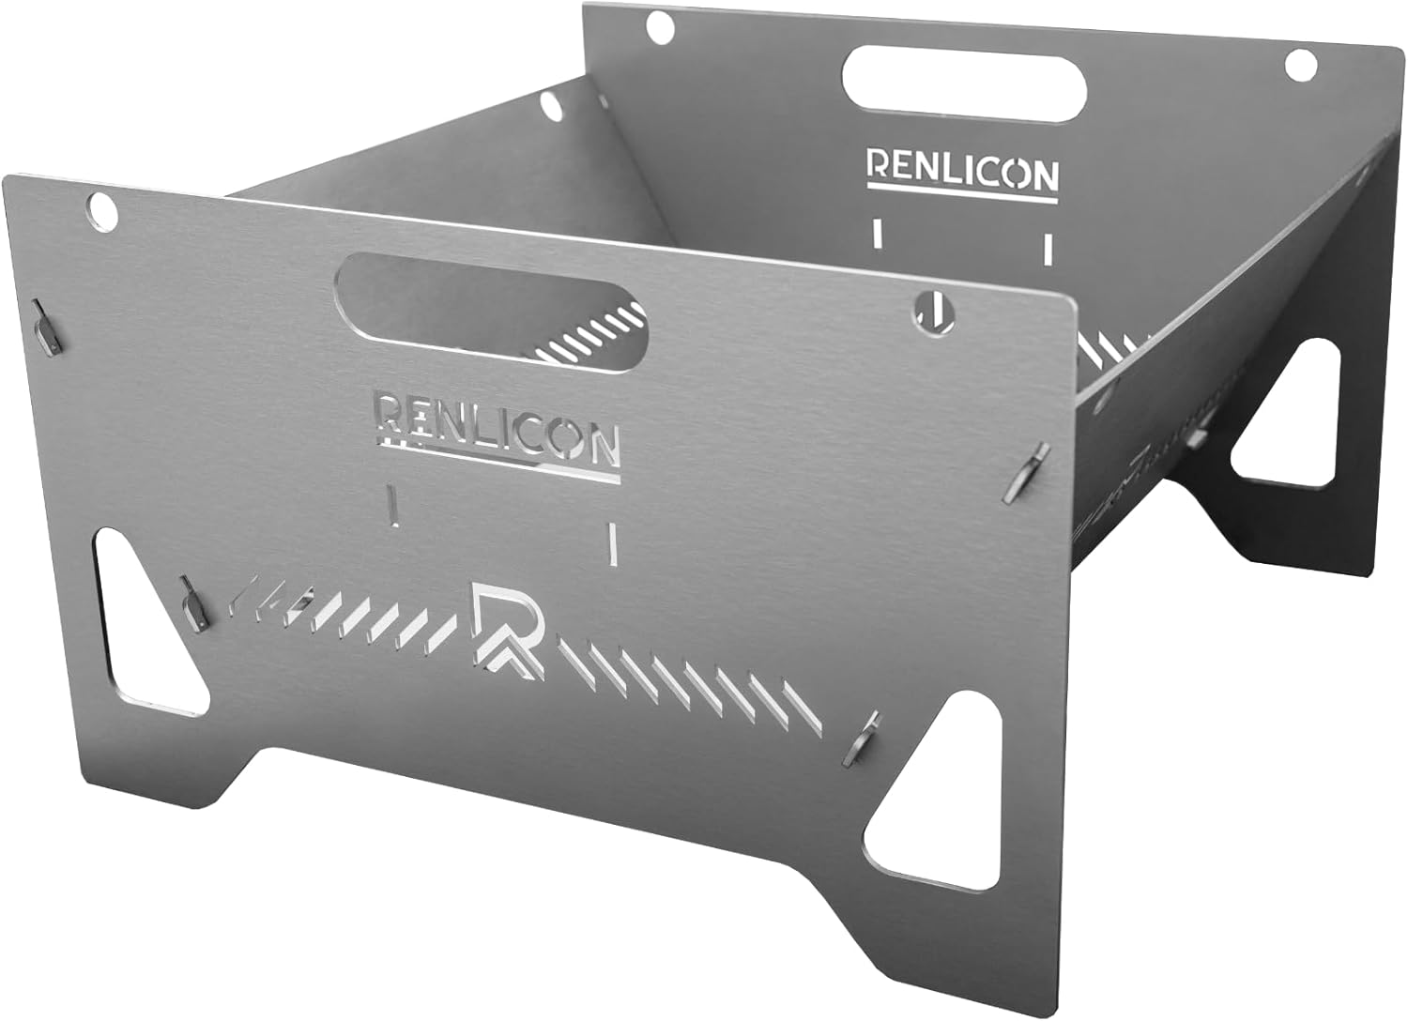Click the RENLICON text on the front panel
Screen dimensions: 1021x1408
pos(497,429)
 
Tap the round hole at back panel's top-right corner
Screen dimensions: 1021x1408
pos(1300,65)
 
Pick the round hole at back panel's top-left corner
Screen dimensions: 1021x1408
pos(660,27)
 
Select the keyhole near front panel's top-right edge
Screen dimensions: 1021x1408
pos(930,310)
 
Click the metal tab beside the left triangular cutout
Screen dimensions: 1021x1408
pos(193,602)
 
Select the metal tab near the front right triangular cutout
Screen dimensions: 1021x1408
pos(863,736)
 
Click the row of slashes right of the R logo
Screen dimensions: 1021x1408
pos(695,690)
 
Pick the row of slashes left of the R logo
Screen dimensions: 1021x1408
pos(347,615)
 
